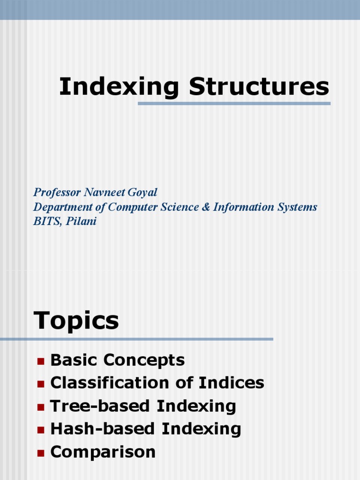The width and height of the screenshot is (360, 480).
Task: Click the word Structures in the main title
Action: point(259,87)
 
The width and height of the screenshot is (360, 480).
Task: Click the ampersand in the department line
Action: point(206,207)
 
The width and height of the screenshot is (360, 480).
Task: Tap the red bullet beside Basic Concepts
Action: point(40,361)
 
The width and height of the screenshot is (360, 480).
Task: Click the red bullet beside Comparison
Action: point(40,453)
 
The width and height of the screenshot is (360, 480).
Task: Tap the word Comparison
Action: point(103,452)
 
